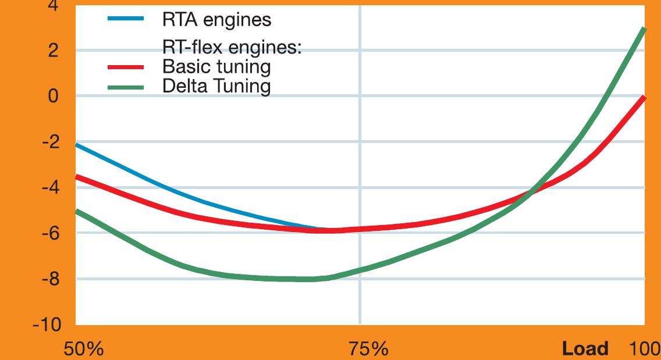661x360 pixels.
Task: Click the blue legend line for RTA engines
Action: click(125, 19)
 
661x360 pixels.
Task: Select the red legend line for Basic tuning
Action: click(125, 67)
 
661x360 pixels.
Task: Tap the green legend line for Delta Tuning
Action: click(125, 87)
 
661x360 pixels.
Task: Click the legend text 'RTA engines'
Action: click(216, 20)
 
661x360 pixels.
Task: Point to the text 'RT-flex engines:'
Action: click(231, 48)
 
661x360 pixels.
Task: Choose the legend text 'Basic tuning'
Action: click(216, 67)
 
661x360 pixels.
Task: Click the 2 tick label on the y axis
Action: click(53, 51)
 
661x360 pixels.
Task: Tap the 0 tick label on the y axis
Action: click(53, 96)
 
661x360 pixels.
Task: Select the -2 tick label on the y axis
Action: click(49, 142)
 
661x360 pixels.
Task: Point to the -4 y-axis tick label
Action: click(49, 187)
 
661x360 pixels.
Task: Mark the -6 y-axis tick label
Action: click(49, 233)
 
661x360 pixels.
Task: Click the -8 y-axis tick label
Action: click(49, 279)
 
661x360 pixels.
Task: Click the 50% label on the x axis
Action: click(83, 349)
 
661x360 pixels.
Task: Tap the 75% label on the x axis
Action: click(368, 349)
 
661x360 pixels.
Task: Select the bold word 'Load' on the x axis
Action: click(585, 349)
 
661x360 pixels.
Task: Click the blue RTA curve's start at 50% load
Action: click(77, 144)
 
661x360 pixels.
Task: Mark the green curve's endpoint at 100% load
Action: click(644, 28)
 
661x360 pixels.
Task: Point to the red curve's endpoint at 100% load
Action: click(644, 98)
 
